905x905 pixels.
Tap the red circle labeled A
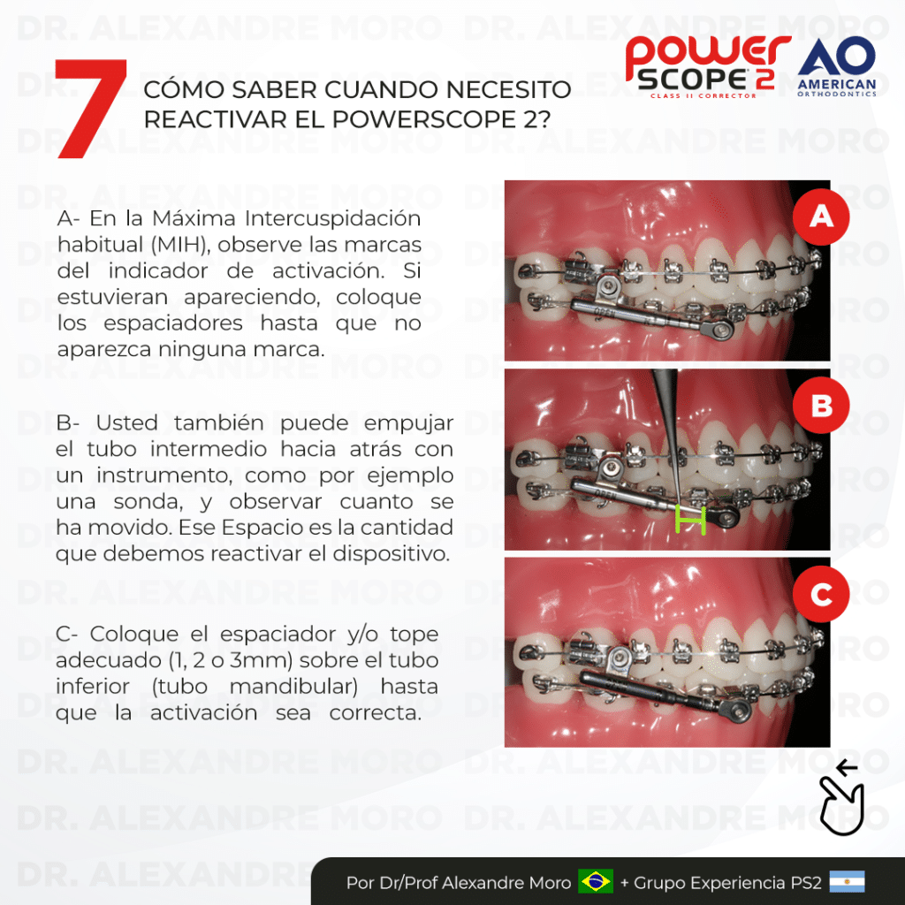(821, 217)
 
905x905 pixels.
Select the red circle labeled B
(821, 405)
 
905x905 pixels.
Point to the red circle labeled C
(821, 594)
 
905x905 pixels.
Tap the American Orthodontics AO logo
(837, 66)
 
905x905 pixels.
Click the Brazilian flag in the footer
(596, 882)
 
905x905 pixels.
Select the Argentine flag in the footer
(847, 882)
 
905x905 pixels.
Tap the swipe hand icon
(841, 798)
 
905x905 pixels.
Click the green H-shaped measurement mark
(690, 520)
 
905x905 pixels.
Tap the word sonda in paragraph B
(148, 502)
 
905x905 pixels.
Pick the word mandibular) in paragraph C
(293, 687)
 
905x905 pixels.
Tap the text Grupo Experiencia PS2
(727, 883)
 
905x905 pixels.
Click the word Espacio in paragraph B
(256, 529)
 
